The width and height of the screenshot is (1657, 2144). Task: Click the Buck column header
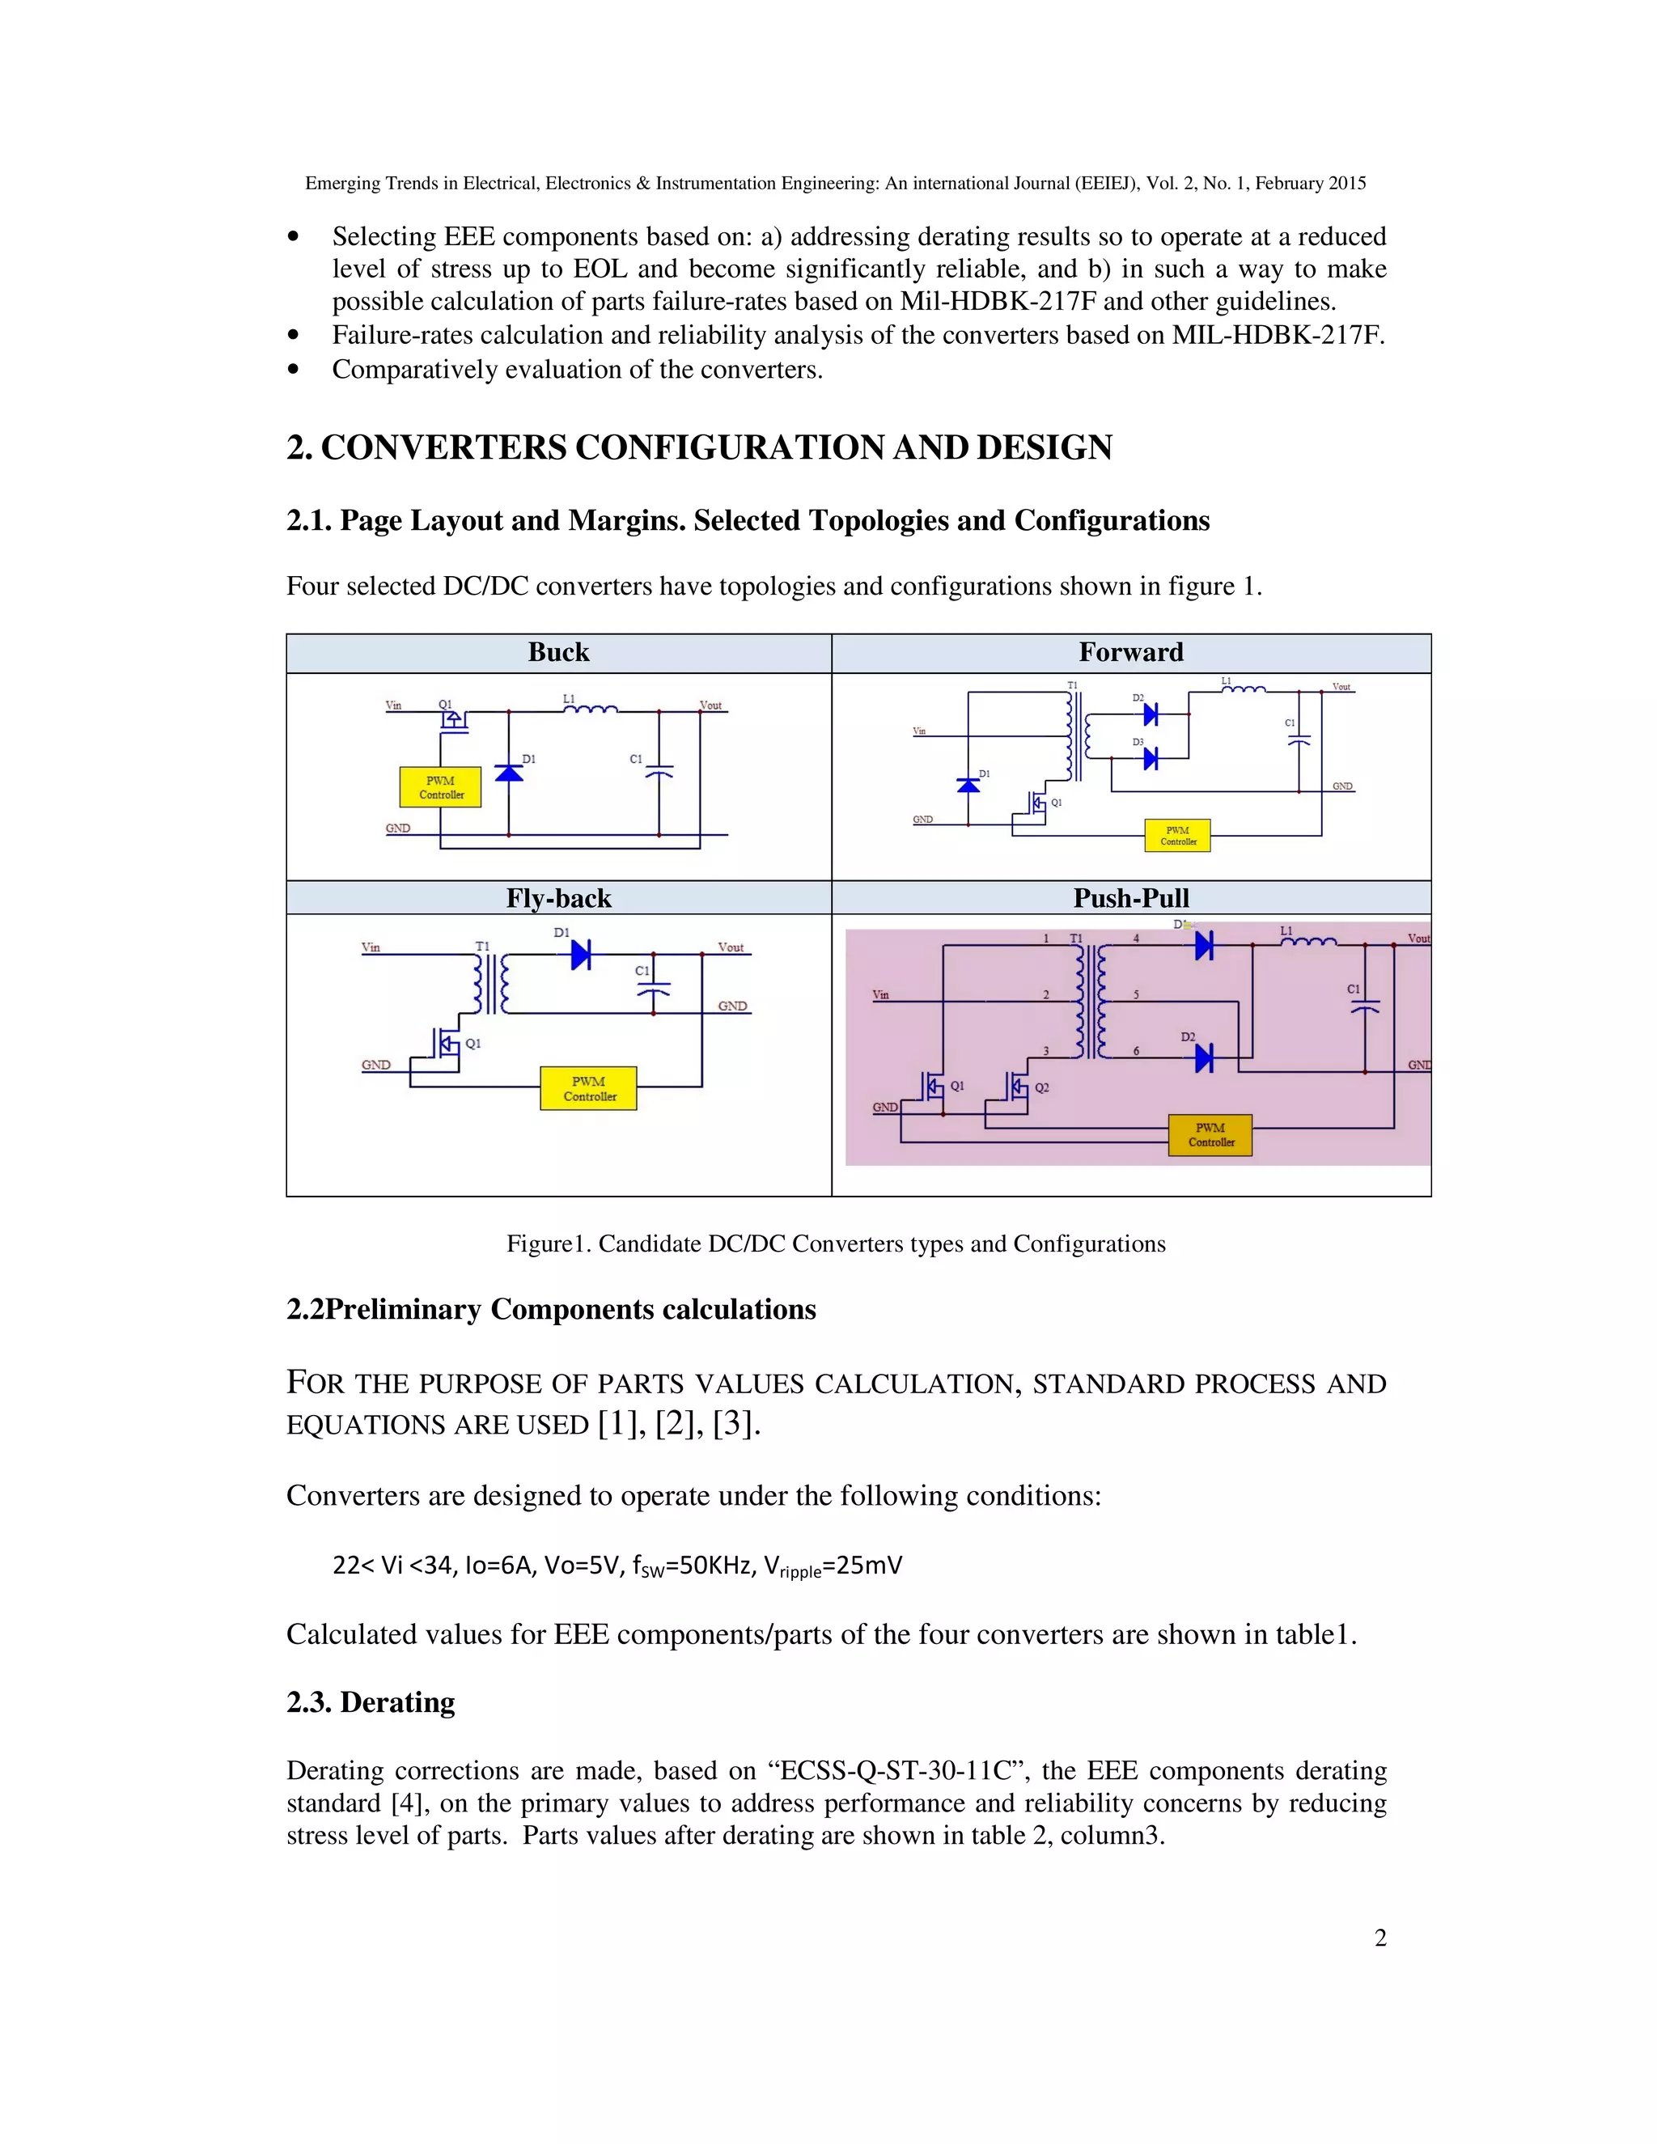558,653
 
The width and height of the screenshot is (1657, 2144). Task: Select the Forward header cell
1131,653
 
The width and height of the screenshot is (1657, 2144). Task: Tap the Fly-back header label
558,898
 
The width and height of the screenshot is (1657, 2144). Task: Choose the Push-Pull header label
1131,898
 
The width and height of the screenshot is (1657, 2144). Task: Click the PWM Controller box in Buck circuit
440,787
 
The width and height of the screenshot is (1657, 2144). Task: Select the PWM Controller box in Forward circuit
1177,836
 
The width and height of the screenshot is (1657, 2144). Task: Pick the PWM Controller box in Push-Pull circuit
1210,1135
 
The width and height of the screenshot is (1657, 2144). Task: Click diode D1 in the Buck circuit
508,773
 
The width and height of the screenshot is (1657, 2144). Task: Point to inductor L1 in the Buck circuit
590,708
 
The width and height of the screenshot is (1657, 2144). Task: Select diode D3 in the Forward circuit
1151,758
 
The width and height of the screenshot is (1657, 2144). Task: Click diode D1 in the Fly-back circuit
580,954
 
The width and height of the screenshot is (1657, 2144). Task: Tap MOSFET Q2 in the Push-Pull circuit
1018,1087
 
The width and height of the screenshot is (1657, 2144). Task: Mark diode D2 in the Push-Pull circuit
1203,1058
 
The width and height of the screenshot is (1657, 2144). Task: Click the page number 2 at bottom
1380,1938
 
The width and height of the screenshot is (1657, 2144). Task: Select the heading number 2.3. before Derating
309,1702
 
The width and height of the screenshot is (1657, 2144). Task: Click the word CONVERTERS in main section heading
443,447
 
